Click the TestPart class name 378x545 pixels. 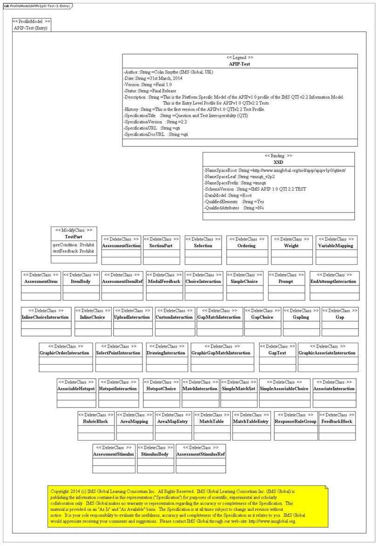pos(74,237)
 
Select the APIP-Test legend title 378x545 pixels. pos(240,64)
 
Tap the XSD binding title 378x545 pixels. pos(278,162)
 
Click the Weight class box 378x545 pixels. pos(291,250)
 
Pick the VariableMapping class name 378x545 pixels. pos(336,246)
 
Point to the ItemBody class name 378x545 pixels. pos(81,282)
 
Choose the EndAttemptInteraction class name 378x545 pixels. pos(333,282)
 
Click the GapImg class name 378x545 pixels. pos(301,317)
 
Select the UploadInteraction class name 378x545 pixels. pos(132,317)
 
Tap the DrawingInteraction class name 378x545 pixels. pos(166,353)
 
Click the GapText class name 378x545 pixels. pos(277,353)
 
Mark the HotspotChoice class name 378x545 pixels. pos(161,388)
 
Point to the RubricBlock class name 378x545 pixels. pos(95,421)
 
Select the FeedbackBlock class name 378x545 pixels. pos(337,421)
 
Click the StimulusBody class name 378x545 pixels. pos(155,454)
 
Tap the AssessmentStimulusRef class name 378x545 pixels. pos(201,454)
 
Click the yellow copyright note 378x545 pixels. pos(188,506)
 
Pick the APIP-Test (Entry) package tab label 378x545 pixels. pos(32,28)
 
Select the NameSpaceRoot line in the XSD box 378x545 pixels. pos(278,171)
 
